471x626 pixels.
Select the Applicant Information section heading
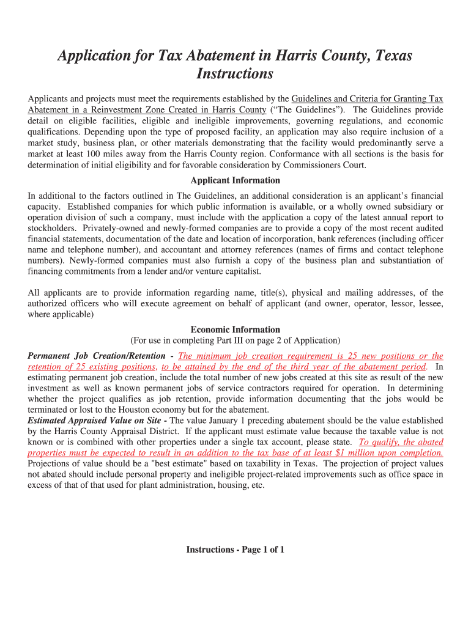pyautogui.click(x=236, y=180)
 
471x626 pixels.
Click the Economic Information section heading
pyautogui.click(x=236, y=330)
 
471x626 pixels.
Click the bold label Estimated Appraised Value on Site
pyautogui.click(x=94, y=421)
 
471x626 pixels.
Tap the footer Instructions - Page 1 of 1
pyautogui.click(x=236, y=550)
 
